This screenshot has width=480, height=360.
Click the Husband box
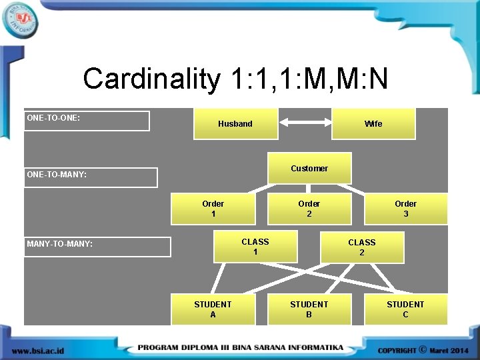[x=235, y=124]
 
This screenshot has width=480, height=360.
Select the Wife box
[x=373, y=124]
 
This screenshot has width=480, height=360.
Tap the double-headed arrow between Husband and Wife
[x=305, y=122]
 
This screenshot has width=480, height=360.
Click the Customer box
[x=309, y=169]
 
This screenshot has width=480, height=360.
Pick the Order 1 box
[x=213, y=209]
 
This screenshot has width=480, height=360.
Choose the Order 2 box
[x=309, y=209]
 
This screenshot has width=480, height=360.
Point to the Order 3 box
[x=405, y=209]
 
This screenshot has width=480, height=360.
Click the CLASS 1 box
[x=255, y=247]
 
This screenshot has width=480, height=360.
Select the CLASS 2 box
[x=362, y=247]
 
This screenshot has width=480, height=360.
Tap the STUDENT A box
[x=213, y=309]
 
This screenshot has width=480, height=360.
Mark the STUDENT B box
[x=309, y=309]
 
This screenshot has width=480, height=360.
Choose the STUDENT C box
[x=405, y=309]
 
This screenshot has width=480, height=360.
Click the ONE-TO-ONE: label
[x=53, y=118]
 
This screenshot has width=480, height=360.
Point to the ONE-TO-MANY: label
[x=57, y=175]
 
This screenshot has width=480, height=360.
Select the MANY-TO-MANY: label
[x=60, y=244]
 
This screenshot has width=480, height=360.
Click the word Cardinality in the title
[x=151, y=79]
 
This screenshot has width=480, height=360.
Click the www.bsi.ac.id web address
[x=38, y=350]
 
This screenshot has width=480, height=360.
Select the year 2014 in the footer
[x=459, y=350]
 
